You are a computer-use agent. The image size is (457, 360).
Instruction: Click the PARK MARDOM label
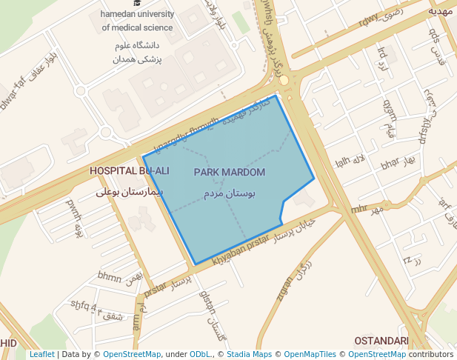tap(229, 173)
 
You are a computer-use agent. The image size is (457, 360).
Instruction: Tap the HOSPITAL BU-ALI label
tap(129, 171)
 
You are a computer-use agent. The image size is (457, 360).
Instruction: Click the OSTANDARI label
tap(381, 341)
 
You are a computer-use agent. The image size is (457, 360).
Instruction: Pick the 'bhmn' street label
tap(109, 278)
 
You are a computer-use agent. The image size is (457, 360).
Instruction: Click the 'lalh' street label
tap(341, 162)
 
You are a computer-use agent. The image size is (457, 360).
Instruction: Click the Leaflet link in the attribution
tap(41, 355)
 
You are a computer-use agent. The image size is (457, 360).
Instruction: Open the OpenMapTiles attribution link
tap(310, 355)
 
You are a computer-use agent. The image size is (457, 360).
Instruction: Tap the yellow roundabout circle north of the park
tap(284, 79)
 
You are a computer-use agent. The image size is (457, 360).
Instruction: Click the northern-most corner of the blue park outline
tap(276, 96)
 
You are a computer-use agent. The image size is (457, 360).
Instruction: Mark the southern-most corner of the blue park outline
tap(194, 264)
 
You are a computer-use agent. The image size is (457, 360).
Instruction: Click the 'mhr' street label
tap(359, 209)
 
